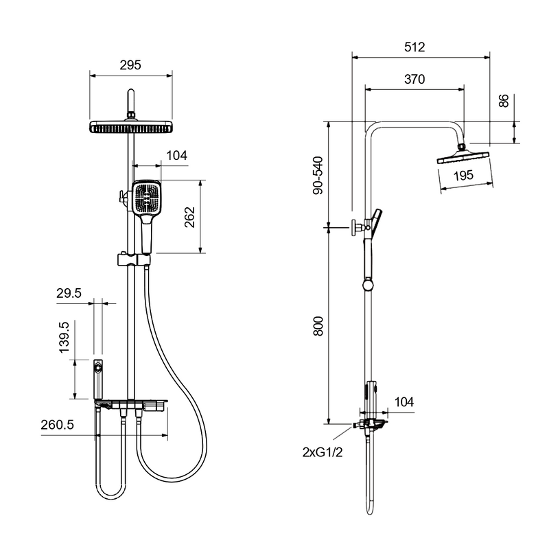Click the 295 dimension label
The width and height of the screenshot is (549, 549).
(130, 65)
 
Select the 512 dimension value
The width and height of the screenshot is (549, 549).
(414, 47)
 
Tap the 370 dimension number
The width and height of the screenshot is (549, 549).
(414, 80)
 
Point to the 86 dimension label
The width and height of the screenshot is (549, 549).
(504, 101)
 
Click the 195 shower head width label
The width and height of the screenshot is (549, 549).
(463, 175)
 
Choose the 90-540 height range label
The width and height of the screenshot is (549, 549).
(318, 176)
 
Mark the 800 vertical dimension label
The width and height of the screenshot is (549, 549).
(318, 326)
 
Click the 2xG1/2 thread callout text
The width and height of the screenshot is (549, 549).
(323, 452)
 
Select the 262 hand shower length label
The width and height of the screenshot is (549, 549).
(190, 217)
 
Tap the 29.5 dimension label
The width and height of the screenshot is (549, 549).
(69, 293)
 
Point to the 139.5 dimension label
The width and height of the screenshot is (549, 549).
(65, 338)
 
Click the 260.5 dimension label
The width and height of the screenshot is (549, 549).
(58, 425)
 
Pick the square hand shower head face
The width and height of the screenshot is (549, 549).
(147, 198)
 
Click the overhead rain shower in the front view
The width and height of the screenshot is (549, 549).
(131, 127)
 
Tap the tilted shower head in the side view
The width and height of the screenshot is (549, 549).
(463, 157)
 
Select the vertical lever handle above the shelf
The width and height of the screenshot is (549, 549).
(98, 379)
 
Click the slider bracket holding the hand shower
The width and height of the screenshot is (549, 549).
(134, 259)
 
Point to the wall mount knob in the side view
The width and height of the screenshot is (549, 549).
(357, 228)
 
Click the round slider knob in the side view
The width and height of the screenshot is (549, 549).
(368, 284)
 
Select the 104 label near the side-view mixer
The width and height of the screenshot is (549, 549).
(404, 402)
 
